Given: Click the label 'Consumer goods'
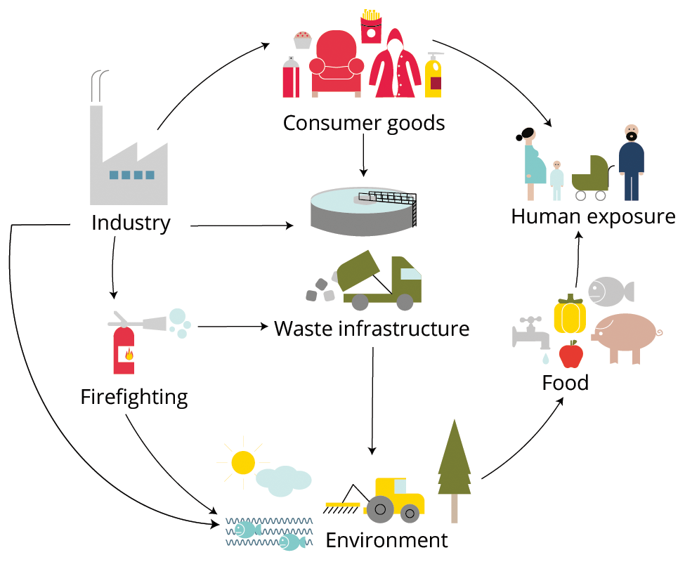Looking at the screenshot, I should (x=363, y=123).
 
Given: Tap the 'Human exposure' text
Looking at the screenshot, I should (x=593, y=216).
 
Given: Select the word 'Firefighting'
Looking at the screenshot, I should (x=134, y=397).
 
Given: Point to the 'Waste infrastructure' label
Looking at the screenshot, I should (x=372, y=327).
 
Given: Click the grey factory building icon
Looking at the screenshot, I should (x=129, y=162).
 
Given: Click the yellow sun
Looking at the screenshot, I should (x=242, y=462).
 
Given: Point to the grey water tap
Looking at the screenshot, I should (x=531, y=332).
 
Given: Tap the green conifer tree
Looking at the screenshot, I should (x=454, y=464).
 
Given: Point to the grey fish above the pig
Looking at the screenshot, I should (x=608, y=289).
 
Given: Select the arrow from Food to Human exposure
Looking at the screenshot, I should (x=578, y=260).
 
